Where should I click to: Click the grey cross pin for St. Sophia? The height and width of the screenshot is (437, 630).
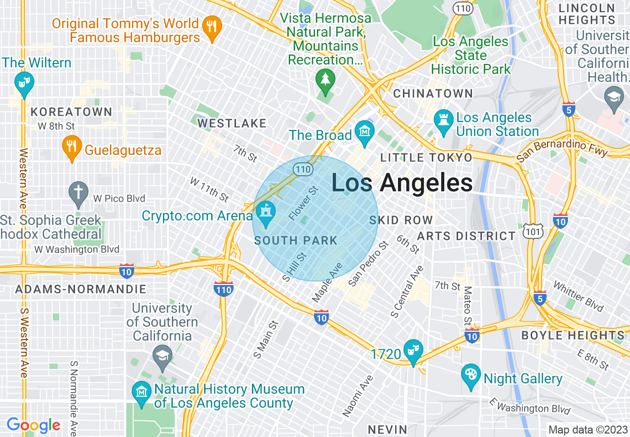click(79, 194)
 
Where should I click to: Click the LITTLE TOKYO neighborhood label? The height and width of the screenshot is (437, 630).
click(426, 158)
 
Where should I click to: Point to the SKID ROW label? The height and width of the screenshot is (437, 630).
click(401, 220)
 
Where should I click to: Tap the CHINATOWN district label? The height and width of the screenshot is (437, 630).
click(433, 93)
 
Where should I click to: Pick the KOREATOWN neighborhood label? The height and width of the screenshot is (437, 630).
click(72, 112)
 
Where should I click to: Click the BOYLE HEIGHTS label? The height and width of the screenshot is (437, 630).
click(572, 335)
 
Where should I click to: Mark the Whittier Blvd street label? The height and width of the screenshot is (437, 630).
click(578, 297)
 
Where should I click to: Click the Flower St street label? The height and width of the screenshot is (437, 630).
click(303, 203)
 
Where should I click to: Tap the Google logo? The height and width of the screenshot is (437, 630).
click(33, 426)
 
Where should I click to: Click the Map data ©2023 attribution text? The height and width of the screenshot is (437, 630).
click(588, 430)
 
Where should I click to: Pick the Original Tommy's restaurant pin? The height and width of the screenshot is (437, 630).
click(213, 29)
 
